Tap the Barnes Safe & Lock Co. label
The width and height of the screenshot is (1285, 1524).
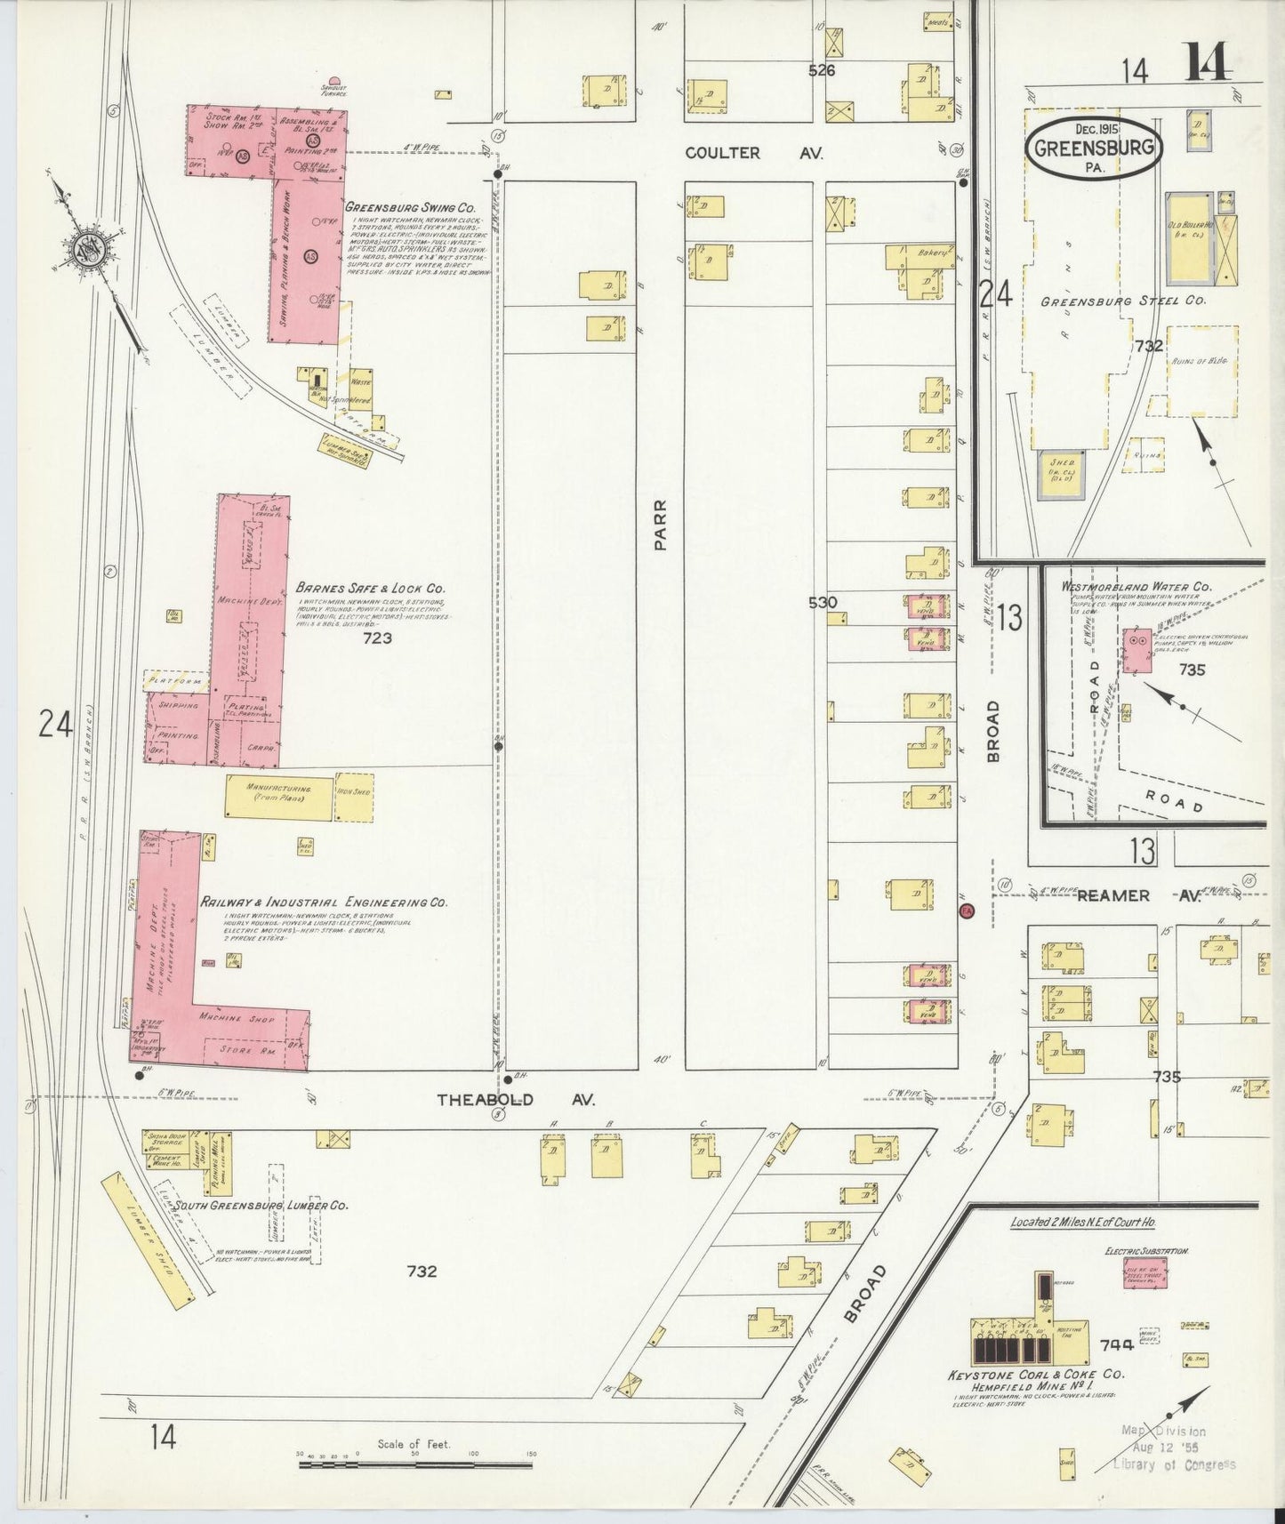tap(373, 589)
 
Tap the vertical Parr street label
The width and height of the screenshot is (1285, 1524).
tap(660, 525)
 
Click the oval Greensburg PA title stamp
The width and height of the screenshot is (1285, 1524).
tap(1094, 148)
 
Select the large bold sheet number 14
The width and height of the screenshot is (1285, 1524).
tap(1207, 64)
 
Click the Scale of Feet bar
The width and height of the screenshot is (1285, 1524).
tap(416, 1461)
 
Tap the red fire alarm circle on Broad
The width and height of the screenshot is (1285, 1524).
tap(968, 910)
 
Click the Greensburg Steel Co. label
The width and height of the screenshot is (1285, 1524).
tap(1122, 301)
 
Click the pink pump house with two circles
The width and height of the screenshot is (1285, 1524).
tap(1136, 649)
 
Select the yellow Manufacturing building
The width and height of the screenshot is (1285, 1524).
tap(278, 794)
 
